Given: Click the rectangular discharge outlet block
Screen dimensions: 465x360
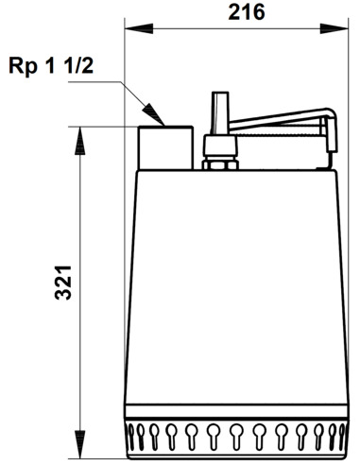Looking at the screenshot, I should [166, 146].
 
